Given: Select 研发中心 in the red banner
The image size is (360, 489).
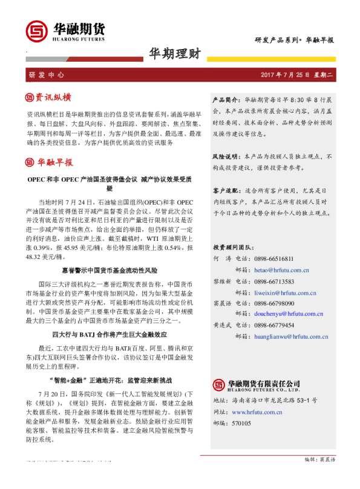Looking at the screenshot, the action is click(46, 75).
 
